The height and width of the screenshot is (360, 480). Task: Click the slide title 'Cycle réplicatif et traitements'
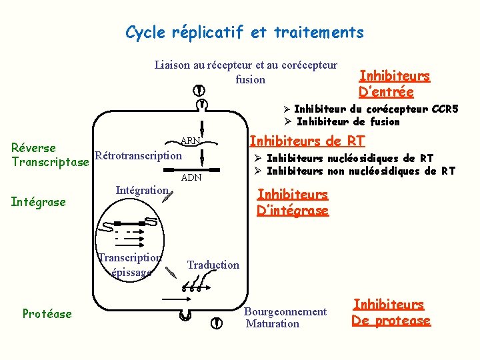245,32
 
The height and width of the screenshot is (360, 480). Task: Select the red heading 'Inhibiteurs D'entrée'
394,84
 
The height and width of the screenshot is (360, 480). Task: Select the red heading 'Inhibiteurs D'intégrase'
293,203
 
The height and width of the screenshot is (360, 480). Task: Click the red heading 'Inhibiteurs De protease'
391,313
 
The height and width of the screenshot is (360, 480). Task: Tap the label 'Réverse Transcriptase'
50,155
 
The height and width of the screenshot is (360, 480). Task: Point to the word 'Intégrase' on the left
39,201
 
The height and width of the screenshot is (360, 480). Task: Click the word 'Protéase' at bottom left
47,313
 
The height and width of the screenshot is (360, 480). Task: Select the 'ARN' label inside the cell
190,141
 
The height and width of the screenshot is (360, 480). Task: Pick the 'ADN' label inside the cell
191,178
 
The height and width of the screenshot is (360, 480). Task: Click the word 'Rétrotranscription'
138,156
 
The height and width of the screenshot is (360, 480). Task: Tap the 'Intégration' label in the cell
142,191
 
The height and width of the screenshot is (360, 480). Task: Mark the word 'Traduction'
213,265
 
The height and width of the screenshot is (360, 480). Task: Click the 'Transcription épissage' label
130,265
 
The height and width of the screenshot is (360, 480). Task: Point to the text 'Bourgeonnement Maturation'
286,317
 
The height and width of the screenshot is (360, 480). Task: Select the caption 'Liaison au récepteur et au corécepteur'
246,65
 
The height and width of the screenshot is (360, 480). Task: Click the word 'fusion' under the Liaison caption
251,79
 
